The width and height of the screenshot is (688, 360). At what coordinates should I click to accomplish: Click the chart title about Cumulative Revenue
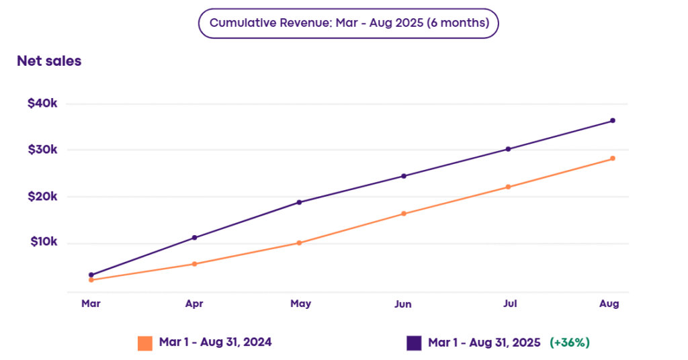(x=348, y=23)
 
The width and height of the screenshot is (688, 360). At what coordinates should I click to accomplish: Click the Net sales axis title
(x=49, y=61)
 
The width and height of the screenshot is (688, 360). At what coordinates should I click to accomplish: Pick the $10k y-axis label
(x=44, y=242)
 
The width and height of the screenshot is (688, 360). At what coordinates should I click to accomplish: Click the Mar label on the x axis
(x=91, y=304)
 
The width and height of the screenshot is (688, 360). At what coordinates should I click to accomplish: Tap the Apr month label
(x=194, y=304)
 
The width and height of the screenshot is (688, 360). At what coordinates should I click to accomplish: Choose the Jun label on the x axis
(x=403, y=304)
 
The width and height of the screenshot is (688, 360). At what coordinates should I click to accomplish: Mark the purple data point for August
(x=613, y=121)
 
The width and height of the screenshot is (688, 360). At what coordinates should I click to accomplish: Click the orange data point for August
(x=613, y=159)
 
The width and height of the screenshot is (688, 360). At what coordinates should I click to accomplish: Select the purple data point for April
(x=195, y=238)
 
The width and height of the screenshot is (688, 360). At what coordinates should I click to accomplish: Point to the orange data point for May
(x=299, y=243)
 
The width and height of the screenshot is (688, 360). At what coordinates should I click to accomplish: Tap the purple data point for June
(x=404, y=176)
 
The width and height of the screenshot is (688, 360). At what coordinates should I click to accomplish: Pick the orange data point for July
(x=508, y=187)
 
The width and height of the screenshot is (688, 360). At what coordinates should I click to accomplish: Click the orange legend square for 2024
(x=145, y=343)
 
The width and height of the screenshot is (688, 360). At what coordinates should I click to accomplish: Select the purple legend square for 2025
(x=414, y=343)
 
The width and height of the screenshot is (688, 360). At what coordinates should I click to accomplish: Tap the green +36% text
(x=570, y=343)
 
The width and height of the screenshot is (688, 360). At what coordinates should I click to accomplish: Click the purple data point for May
(x=299, y=202)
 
